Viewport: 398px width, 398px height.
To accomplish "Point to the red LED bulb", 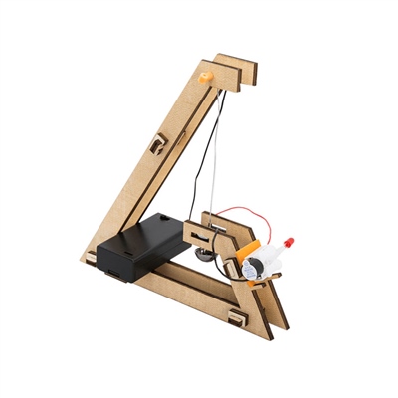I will click(x=290, y=243).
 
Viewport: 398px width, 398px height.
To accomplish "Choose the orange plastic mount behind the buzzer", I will click(x=243, y=248).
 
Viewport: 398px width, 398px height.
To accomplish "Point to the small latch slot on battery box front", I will click(x=112, y=267).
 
